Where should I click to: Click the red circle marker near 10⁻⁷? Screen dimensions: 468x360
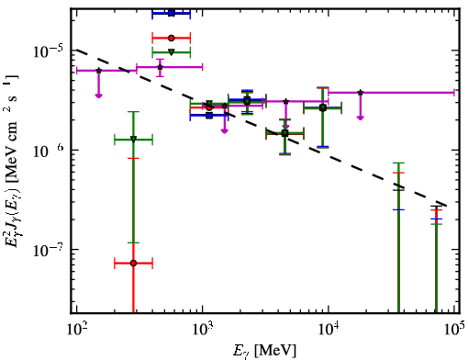click(133, 263)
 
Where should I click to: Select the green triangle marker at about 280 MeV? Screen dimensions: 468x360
click(133, 139)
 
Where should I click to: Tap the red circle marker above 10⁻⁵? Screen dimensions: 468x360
click(172, 39)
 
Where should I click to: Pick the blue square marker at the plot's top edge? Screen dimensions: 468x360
click(172, 13)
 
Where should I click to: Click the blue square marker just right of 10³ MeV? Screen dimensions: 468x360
click(209, 116)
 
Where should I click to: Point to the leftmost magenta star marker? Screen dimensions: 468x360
click(98, 71)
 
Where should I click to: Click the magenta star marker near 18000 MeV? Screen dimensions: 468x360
click(361, 92)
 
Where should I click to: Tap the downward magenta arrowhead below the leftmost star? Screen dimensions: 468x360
click(98, 96)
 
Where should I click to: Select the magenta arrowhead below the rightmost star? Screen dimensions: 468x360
click(361, 118)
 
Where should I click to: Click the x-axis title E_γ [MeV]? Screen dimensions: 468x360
click(264, 351)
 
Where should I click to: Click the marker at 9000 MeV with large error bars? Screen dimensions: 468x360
click(323, 107)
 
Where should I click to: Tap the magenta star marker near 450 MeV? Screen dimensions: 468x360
click(160, 67)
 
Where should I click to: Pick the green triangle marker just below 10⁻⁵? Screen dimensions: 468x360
click(172, 52)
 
